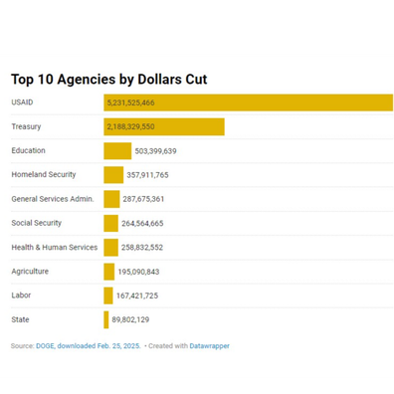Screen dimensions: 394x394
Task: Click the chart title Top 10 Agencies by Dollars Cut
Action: (109, 80)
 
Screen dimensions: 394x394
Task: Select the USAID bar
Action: (248, 102)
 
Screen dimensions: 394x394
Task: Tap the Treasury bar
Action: (164, 126)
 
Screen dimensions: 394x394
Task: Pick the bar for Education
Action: (117, 151)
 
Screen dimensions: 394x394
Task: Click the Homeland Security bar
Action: (113, 175)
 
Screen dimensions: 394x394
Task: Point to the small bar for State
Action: (106, 319)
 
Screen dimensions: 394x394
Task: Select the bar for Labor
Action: (108, 295)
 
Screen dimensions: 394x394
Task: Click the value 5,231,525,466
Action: (130, 102)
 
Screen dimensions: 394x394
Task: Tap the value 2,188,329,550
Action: (130, 126)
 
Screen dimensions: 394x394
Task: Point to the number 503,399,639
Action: (155, 151)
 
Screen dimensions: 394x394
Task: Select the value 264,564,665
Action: (142, 224)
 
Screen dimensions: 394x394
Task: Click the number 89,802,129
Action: (130, 319)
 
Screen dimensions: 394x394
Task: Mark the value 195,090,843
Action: (138, 272)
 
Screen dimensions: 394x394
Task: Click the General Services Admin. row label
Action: (53, 199)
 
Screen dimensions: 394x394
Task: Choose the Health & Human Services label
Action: (55, 248)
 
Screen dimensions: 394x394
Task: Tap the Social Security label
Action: (37, 223)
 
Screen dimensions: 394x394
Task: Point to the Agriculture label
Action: (30, 272)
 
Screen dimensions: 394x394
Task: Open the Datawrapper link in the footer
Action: (209, 346)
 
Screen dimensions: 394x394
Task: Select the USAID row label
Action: (22, 102)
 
